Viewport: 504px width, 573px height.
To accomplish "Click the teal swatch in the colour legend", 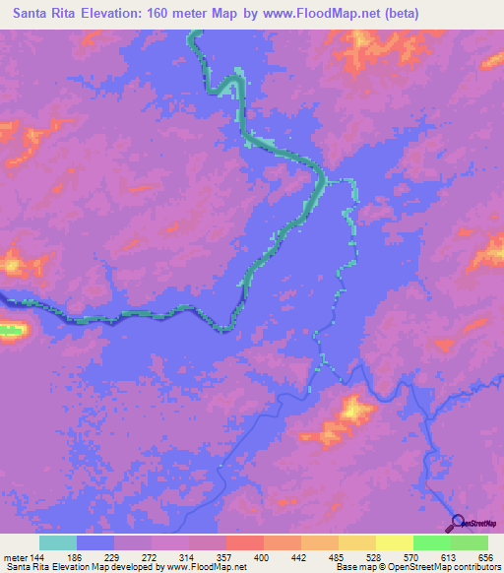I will coord(58,542).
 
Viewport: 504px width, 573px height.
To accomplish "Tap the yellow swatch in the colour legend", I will coord(394,542).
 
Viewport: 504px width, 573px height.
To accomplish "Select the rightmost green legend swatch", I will coord(470,542).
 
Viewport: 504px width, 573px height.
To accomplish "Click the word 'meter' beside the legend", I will coord(13,557).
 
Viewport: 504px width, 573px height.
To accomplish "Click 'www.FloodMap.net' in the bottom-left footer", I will coord(208,568).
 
